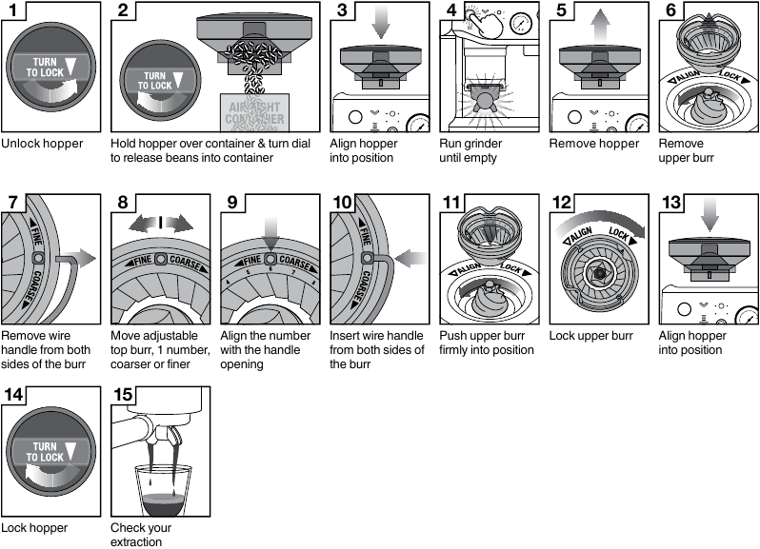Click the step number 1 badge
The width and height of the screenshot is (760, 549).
tap(13, 12)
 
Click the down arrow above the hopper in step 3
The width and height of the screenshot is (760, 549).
tap(381, 23)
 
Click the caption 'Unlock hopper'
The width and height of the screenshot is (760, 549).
tap(42, 144)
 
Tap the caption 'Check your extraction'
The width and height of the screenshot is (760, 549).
tap(142, 533)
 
